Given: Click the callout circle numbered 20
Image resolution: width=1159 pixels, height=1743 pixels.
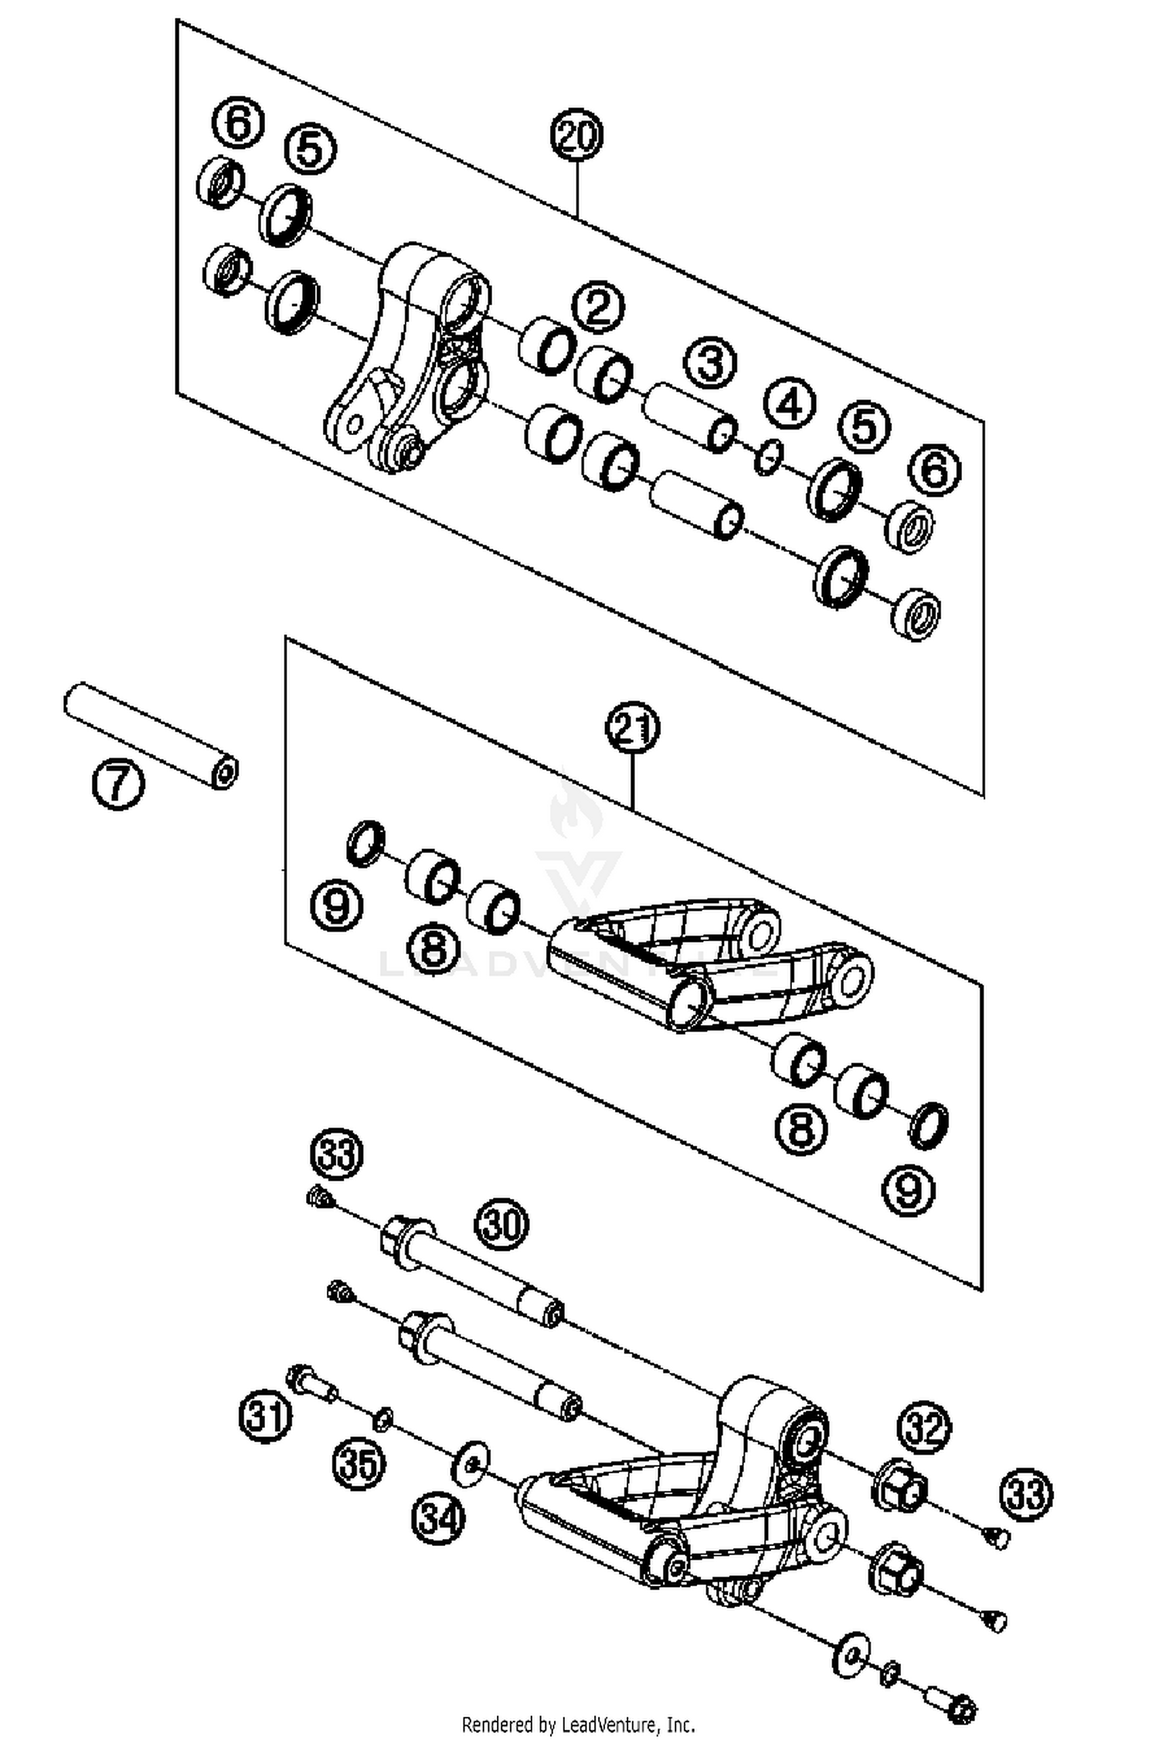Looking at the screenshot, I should pyautogui.click(x=576, y=136).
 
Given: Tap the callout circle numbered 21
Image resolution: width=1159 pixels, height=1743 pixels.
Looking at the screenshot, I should pyautogui.click(x=632, y=729).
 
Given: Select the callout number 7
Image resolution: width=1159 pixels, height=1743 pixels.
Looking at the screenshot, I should pyautogui.click(x=117, y=783).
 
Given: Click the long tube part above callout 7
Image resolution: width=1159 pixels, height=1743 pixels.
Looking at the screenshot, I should pyautogui.click(x=151, y=735).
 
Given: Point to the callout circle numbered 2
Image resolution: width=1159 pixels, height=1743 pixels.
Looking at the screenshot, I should pyautogui.click(x=598, y=308).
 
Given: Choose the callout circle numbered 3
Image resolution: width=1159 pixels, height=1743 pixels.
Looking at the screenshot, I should pyautogui.click(x=710, y=363).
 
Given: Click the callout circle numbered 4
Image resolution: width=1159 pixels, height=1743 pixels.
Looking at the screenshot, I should pyautogui.click(x=790, y=406).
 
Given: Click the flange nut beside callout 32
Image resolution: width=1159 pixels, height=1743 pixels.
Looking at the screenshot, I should pyautogui.click(x=900, y=1485).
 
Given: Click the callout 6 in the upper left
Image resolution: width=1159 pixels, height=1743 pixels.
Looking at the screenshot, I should pyautogui.click(x=237, y=124).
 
